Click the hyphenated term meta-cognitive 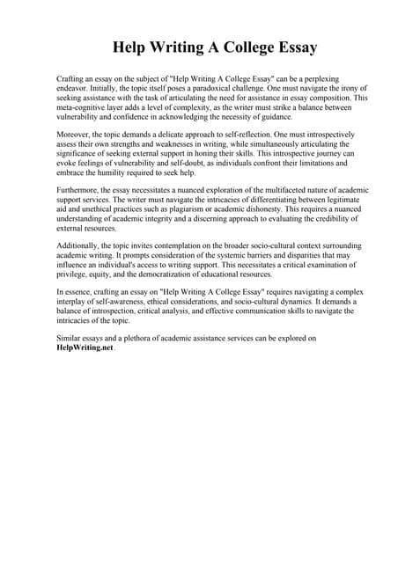click(x=86, y=108)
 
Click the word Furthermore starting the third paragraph click(x=82, y=188)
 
